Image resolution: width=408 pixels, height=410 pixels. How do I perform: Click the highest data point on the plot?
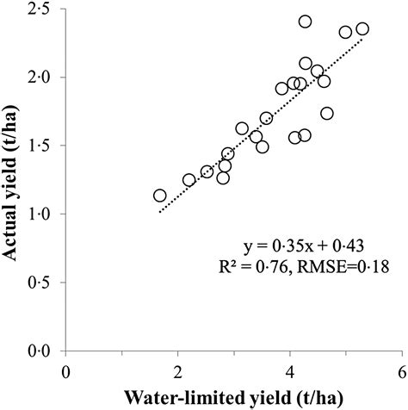(306, 22)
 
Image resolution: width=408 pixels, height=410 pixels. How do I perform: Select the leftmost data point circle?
(160, 196)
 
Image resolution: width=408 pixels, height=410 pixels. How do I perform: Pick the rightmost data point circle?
(362, 28)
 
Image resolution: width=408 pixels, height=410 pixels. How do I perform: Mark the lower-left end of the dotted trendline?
(160, 211)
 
